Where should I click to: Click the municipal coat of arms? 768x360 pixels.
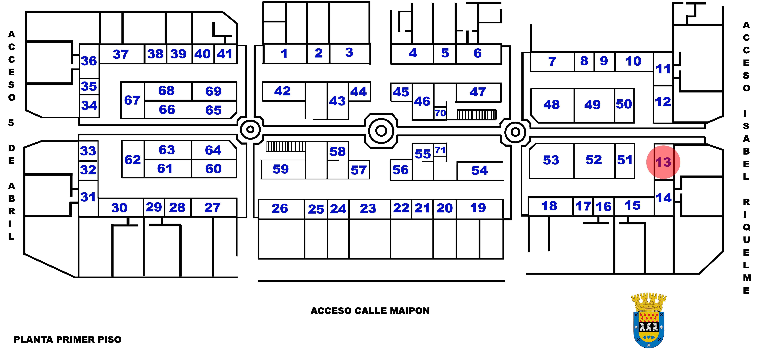coord(649,320)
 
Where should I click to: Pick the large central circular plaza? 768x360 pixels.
coord(381,131)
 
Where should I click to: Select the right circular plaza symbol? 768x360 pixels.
coord(515,132)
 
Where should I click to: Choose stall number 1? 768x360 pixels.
coord(284,54)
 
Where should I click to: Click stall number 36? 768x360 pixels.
coord(89,61)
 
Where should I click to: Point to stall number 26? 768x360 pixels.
coord(280,208)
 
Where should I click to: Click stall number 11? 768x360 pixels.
coord(663,69)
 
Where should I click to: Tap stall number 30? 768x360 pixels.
coord(119,208)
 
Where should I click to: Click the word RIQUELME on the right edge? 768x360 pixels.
coord(746,246)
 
